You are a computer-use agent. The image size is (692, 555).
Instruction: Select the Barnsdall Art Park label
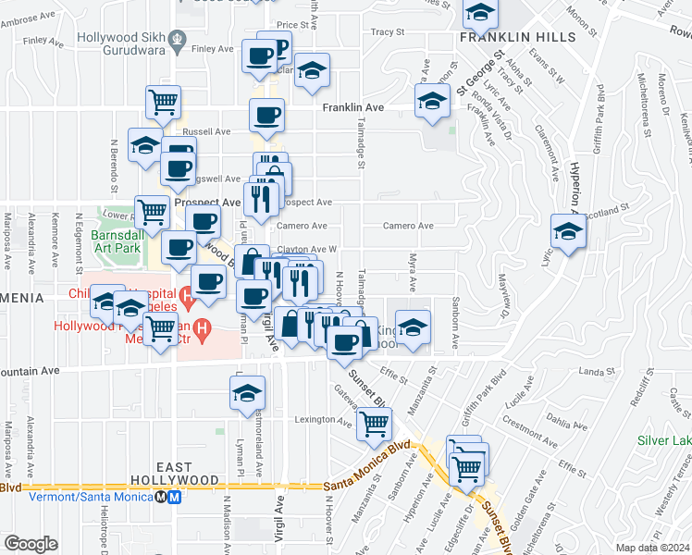[117, 242]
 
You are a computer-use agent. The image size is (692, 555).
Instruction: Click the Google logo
[31, 544]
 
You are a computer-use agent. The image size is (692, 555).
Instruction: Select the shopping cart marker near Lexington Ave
[374, 424]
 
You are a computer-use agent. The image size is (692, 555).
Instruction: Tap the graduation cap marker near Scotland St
[568, 231]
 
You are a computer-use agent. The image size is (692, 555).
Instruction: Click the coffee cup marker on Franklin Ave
[266, 116]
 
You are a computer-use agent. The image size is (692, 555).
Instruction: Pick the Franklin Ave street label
[352, 108]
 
